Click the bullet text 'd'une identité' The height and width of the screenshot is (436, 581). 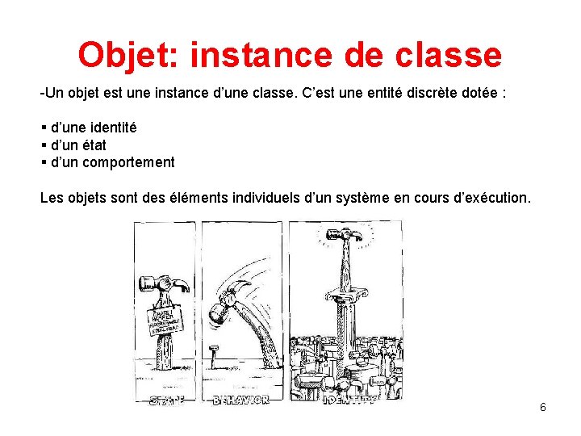(94, 128)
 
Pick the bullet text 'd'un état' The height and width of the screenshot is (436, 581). (78, 145)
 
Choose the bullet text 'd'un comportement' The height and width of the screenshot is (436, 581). (112, 161)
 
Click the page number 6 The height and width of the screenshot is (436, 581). (542, 407)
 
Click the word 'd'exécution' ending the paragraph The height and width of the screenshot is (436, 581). (493, 196)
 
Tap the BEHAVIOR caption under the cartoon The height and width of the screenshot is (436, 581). (240, 399)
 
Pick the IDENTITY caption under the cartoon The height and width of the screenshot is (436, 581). (349, 399)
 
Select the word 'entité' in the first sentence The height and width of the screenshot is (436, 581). (357, 93)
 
